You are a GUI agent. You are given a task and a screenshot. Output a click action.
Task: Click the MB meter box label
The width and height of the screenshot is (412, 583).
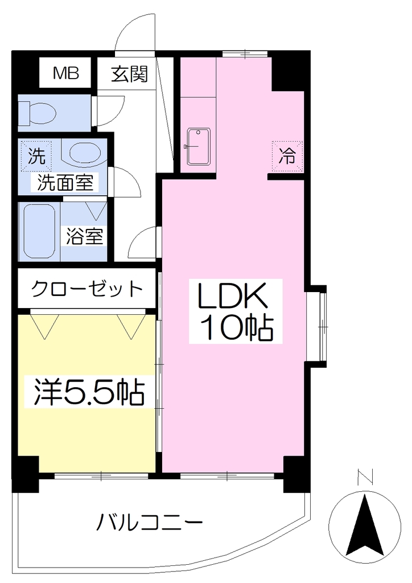66,73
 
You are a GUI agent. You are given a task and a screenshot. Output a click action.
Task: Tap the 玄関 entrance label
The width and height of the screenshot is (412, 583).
130,74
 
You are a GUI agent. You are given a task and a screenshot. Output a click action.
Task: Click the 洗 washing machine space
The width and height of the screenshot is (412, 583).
36,156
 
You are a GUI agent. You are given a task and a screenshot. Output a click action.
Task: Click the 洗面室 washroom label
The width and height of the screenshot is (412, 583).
65,183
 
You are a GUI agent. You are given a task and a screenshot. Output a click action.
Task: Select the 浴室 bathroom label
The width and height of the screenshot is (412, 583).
84,236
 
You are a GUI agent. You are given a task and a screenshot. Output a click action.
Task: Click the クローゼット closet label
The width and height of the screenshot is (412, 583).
87,289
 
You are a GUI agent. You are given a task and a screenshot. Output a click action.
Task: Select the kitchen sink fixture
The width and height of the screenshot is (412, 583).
199,146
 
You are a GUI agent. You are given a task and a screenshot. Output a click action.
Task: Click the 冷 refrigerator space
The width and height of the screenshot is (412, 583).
287,156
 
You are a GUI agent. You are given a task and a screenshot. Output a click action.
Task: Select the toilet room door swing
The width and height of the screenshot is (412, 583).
109,111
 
